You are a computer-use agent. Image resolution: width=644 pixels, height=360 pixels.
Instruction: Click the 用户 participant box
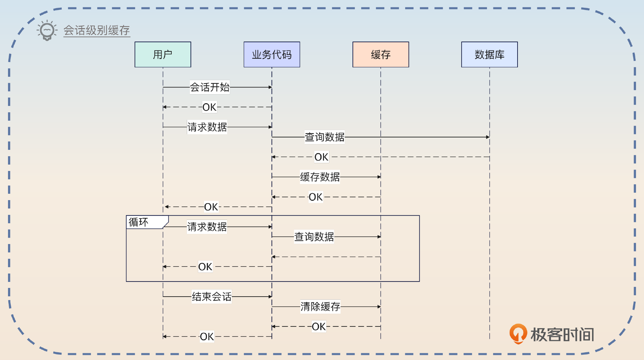point(163,54)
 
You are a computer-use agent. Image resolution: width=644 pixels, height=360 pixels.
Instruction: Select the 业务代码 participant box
point(272,54)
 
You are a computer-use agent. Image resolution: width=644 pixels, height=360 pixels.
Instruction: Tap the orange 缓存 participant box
point(381,54)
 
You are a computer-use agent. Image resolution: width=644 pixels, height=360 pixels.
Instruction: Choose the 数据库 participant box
point(489,54)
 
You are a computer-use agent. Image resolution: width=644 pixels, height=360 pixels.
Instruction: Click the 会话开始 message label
point(210,87)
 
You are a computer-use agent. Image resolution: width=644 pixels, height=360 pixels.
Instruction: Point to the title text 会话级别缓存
point(97,30)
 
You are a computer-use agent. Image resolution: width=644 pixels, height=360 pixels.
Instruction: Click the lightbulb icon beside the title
point(47,30)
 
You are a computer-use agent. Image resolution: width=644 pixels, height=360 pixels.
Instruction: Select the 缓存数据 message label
point(320,177)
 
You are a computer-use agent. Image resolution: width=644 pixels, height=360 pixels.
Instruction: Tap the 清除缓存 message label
point(320,306)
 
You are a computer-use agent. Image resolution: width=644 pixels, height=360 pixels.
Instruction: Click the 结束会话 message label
point(211,296)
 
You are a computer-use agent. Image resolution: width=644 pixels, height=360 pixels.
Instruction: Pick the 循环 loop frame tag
point(139,222)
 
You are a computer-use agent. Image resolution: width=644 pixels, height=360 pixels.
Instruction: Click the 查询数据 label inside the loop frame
point(314,237)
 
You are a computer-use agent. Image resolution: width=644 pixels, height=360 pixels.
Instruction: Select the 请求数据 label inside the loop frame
point(207,227)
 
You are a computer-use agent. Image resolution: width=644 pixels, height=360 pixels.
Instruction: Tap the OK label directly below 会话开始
point(209,107)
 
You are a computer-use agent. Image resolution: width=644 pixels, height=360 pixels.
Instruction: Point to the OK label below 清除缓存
point(318,326)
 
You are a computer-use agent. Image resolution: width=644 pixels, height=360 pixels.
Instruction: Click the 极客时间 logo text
point(562,335)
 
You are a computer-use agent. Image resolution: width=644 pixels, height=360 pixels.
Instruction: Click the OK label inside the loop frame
point(205,266)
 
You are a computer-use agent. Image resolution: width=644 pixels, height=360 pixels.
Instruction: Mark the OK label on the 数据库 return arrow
point(321,157)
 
